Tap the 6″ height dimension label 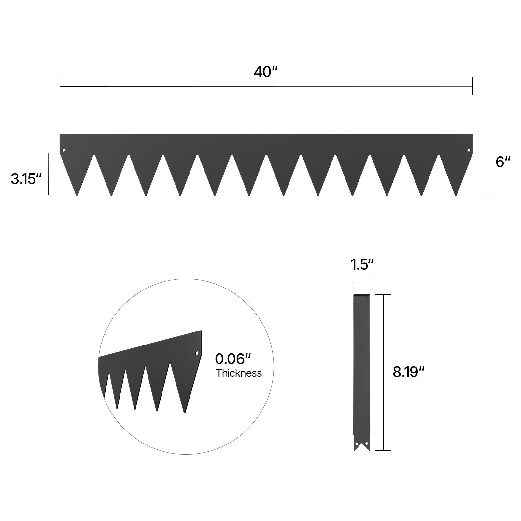pyautogui.click(x=503, y=162)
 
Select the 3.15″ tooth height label pyautogui.click(x=26, y=179)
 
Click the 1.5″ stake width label pyautogui.click(x=361, y=265)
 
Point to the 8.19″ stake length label pyautogui.click(x=409, y=372)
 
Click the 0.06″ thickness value pyautogui.click(x=233, y=359)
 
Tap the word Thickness pyautogui.click(x=239, y=373)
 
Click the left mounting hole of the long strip pyautogui.click(x=64, y=150)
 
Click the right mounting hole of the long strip pyautogui.click(x=469, y=150)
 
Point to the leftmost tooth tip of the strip pyautogui.click(x=77, y=195)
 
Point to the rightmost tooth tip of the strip pyautogui.click(x=456, y=195)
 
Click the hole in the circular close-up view pyautogui.click(x=197, y=353)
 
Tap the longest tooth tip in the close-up pyautogui.click(x=185, y=412)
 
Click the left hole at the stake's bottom pyautogui.click(x=357, y=444)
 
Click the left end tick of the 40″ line pyautogui.click(x=60, y=86)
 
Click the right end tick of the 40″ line pyautogui.click(x=472, y=86)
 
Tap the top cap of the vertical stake pyautogui.click(x=361, y=296)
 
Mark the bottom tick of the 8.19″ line pyautogui.click(x=383, y=450)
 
